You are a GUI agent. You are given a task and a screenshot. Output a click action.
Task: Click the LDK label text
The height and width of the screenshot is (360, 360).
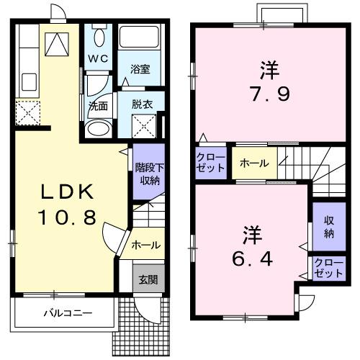point(66,192)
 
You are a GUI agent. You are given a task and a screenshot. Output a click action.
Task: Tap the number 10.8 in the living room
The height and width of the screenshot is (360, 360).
point(66,217)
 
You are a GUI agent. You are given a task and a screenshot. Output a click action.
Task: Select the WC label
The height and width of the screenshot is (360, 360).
point(99,58)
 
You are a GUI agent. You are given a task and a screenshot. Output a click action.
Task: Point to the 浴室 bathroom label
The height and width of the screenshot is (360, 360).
point(140,70)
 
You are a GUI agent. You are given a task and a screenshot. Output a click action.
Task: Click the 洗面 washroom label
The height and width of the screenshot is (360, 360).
point(98,105)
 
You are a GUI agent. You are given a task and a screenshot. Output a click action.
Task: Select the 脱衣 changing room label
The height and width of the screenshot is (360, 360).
point(142,104)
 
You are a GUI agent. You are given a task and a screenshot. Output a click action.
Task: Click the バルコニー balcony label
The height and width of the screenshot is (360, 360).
point(66,313)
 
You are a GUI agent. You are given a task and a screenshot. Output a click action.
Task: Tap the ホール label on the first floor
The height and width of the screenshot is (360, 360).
point(145,246)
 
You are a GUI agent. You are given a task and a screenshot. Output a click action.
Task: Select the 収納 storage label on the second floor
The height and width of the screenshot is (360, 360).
point(328,228)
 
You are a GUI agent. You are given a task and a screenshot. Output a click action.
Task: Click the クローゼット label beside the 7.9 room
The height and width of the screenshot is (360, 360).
point(210,163)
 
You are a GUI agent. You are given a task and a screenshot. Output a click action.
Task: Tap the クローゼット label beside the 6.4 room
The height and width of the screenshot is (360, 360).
point(328,270)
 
